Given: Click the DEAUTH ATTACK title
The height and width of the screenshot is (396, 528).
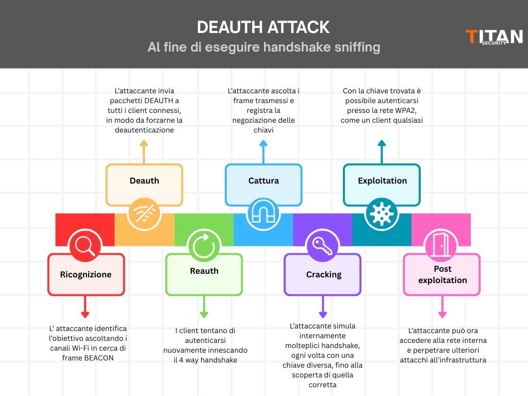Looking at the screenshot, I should click(263, 27).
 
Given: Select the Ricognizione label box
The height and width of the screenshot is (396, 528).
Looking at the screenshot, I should click(86, 274).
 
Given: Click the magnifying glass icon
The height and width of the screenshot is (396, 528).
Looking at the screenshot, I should click(85, 244).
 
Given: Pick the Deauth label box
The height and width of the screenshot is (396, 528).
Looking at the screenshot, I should click(144, 181).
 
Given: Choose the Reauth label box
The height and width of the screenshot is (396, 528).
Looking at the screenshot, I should click(204, 272).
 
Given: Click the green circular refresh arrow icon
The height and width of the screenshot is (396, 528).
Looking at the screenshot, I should click(204, 244).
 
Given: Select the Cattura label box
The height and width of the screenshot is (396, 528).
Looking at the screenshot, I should click(263, 181).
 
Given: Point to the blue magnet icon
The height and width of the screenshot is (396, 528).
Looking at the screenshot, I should click(263, 214).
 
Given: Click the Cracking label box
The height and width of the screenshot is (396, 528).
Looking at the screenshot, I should click(323, 274).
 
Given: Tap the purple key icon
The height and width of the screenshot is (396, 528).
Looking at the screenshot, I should click(323, 244).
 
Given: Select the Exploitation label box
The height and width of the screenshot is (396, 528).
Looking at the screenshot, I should click(382, 181).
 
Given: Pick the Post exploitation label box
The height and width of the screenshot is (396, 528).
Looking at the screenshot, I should click(442, 274).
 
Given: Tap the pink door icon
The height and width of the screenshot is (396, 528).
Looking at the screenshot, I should click(441, 244).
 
